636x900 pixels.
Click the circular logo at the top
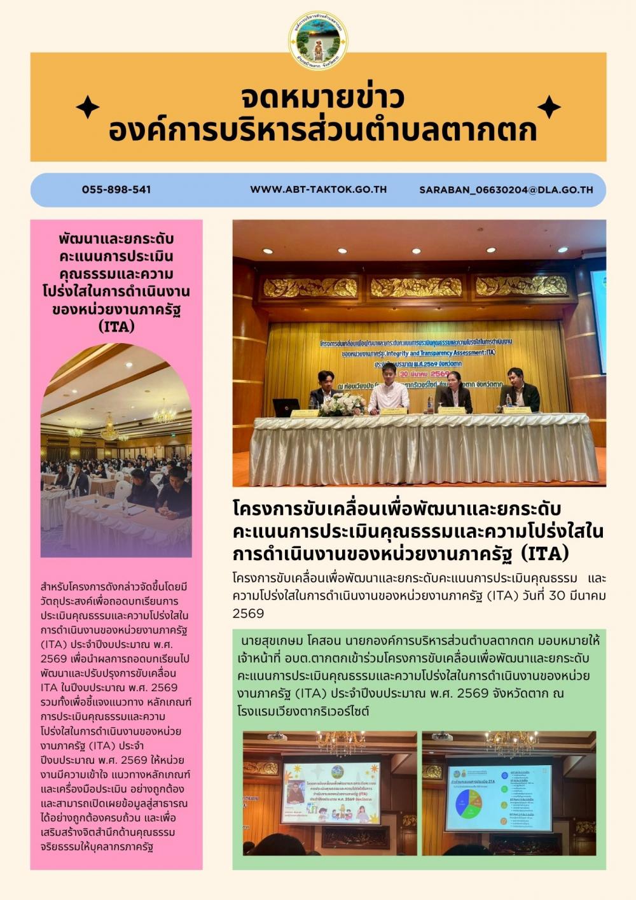[318, 39]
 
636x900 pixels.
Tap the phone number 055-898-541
[116, 190]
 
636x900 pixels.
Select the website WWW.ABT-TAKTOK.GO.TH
[318, 190]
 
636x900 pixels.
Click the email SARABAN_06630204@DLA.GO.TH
[506, 190]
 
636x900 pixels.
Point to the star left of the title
[88, 107]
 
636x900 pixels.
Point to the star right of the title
[548, 107]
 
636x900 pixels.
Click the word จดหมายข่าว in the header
[322, 97]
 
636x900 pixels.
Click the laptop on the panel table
[286, 407]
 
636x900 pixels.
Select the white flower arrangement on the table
[342, 404]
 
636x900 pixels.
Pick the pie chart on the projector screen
[469, 803]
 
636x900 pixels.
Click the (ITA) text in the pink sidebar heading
[117, 327]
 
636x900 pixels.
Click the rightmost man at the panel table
[519, 390]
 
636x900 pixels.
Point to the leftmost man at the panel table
[325, 389]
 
